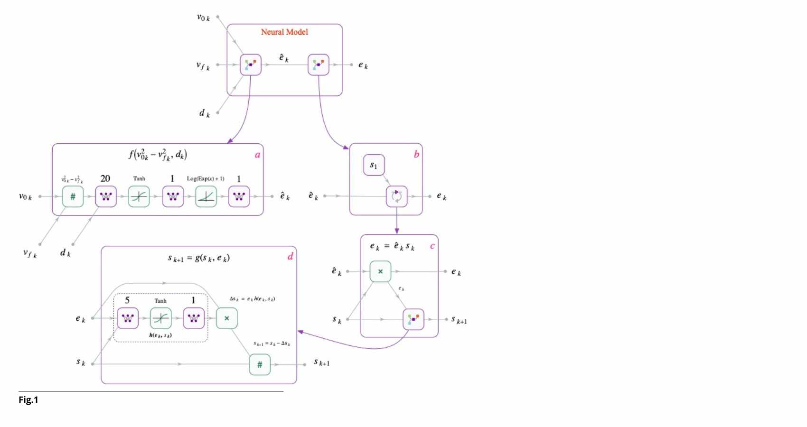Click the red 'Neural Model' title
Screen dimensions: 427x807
point(284,32)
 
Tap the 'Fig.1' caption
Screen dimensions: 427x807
point(28,400)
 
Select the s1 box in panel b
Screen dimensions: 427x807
point(374,165)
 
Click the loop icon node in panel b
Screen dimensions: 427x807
point(396,196)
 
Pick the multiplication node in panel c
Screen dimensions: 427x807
point(380,271)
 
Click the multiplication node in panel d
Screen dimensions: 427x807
point(226,318)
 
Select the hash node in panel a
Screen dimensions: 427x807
point(73,196)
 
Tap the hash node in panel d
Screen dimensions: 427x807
point(260,364)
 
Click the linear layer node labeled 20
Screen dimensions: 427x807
point(106,196)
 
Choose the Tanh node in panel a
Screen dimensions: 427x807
point(139,196)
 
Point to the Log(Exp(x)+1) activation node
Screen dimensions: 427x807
point(206,196)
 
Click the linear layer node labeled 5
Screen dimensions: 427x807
point(128,318)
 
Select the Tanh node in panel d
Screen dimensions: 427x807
point(160,318)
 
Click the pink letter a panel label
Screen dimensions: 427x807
point(257,155)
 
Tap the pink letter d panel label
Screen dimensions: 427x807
point(290,257)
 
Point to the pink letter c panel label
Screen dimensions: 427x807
point(432,246)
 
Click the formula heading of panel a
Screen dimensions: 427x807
point(158,155)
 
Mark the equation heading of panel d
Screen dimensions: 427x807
point(198,258)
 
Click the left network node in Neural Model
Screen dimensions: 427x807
point(251,65)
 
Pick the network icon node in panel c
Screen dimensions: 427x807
point(413,319)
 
